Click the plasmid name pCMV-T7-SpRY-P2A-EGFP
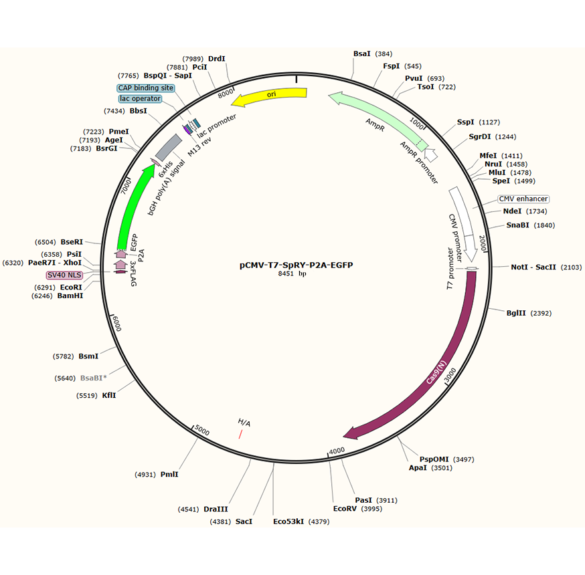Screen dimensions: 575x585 tap(296, 265)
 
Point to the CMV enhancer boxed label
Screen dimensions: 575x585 tap(523, 199)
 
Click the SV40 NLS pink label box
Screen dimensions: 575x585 tap(64, 275)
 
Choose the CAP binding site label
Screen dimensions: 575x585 tap(145, 88)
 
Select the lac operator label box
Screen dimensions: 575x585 tap(141, 99)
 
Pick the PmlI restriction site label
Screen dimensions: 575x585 tap(169, 475)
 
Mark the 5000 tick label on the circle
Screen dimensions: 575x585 tap(203, 432)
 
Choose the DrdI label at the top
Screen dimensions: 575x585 tap(217, 59)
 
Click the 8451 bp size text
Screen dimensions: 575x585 tap(292, 274)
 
